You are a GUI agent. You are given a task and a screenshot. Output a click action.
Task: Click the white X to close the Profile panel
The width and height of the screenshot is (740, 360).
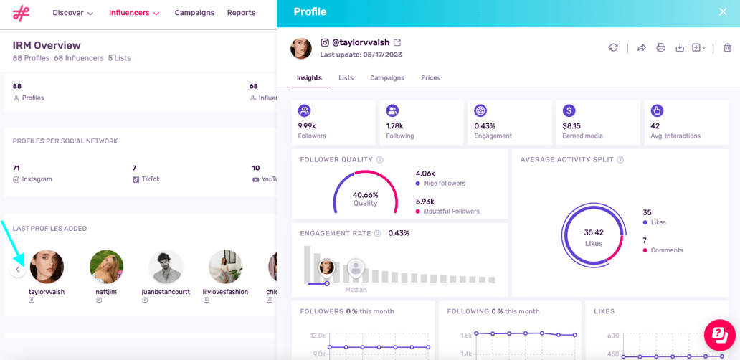click(723, 11)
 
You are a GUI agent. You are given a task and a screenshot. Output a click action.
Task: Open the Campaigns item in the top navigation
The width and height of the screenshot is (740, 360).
click(194, 13)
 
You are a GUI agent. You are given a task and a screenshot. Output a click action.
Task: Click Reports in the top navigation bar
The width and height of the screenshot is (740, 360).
click(241, 13)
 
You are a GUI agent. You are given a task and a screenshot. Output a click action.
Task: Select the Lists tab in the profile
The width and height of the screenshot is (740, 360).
click(346, 77)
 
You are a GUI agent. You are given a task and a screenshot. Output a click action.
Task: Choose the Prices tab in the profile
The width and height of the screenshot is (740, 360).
click(430, 77)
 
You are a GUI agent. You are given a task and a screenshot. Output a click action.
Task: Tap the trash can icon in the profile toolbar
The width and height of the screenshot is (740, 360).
click(727, 48)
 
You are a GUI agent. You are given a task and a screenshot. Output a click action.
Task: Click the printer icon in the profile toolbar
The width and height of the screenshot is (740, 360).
click(660, 48)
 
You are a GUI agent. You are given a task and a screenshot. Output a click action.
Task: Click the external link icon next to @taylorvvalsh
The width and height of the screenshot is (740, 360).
click(397, 43)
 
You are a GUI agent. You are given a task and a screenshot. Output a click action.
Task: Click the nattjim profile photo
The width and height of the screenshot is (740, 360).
click(106, 267)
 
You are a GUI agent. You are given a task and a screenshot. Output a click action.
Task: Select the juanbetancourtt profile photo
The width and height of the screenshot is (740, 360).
click(166, 267)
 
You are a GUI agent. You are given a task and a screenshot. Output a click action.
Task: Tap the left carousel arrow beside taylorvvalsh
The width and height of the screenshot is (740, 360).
click(18, 270)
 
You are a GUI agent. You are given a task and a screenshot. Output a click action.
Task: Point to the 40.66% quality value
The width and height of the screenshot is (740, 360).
click(365, 195)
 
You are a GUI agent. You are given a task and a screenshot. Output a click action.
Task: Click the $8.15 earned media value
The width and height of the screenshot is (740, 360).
click(571, 126)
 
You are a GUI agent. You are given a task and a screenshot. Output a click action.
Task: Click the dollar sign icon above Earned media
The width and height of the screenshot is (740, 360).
click(569, 110)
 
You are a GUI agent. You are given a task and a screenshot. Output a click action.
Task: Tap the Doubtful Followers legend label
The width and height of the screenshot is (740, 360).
click(452, 212)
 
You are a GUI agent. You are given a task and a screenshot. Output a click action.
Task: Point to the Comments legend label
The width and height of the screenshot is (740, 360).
click(667, 250)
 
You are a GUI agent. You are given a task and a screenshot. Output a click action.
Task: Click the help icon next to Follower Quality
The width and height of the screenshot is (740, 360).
click(380, 160)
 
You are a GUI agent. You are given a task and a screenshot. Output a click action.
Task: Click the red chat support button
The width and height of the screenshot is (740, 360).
click(719, 334)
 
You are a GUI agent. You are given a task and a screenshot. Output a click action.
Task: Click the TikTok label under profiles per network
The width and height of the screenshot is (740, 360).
click(149, 179)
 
